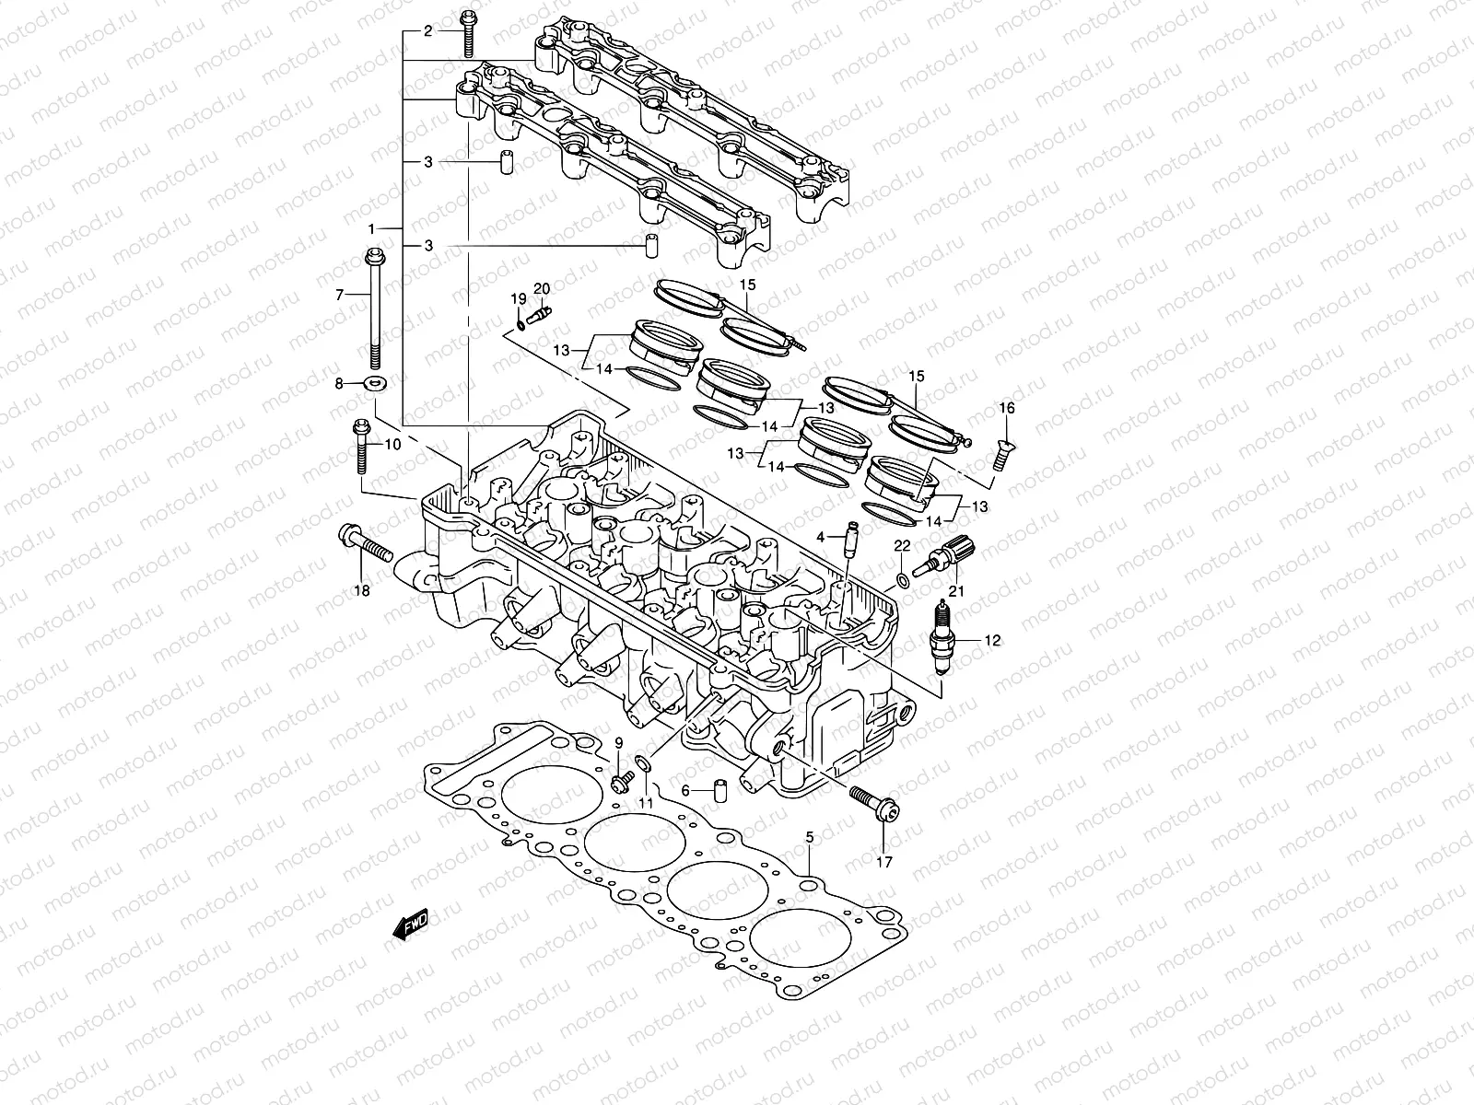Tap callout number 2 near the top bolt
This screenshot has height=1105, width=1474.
427,31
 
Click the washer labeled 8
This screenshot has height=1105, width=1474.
376,382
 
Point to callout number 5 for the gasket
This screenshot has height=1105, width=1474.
810,837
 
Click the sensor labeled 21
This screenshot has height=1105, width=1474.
948,555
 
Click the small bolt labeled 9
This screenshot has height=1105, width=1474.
618,782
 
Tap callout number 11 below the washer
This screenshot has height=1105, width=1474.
646,803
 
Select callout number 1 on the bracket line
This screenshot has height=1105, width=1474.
372,227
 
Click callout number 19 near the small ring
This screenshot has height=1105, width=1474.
518,298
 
